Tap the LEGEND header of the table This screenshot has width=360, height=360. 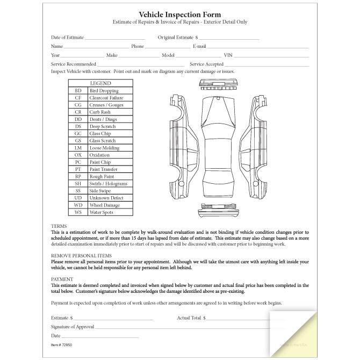pos(100,83)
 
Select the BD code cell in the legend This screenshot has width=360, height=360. pos(78,91)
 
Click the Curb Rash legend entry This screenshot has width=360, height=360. pos(99,112)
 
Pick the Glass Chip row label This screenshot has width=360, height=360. pos(100,134)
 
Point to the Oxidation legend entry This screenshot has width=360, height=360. pos(99,155)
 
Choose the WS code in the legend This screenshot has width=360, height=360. pos(78,212)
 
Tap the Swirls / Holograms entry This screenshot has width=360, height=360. pos(108,184)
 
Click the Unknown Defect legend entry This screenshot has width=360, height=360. pos(106,198)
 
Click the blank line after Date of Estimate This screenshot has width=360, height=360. pos(114,39)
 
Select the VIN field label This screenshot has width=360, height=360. pos(228,55)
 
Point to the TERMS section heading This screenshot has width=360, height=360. pos(59,226)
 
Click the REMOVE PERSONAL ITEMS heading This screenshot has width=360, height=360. pos(81,255)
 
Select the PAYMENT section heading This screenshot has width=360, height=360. pos(62,279)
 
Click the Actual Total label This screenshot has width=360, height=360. pos(189,318)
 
